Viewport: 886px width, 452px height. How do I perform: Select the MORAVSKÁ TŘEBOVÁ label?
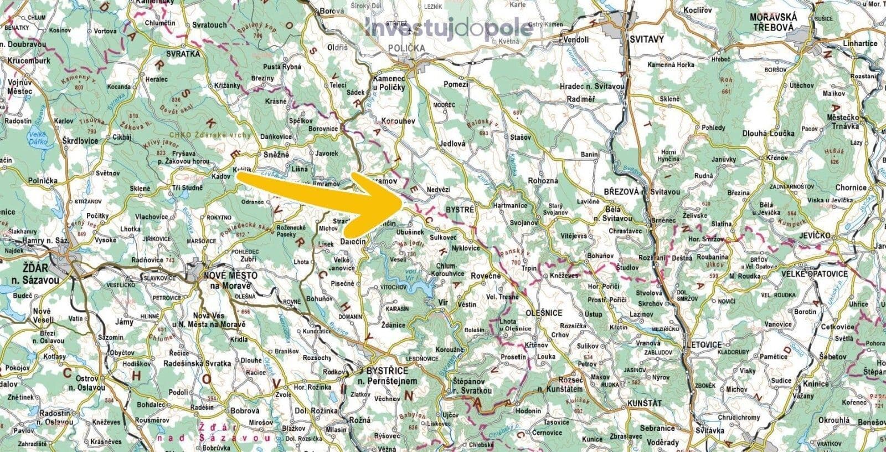(x=772, y=22)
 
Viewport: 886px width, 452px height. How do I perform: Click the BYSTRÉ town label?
(x=460, y=211)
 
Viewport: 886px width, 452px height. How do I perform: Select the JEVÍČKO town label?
(x=815, y=236)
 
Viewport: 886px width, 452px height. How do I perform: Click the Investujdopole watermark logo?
(x=449, y=28)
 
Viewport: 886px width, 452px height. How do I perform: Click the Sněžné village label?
(x=275, y=155)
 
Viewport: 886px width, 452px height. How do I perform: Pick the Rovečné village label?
(x=485, y=276)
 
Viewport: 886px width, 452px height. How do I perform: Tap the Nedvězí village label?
(x=439, y=190)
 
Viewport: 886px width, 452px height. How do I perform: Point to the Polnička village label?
(x=44, y=181)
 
